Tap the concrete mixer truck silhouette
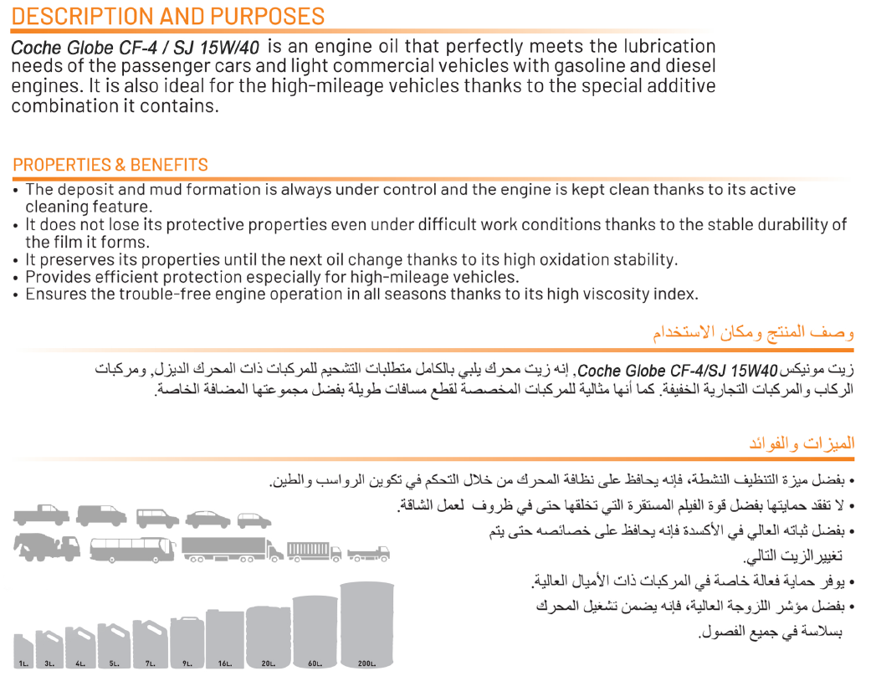point(47,548)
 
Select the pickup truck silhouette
point(42,516)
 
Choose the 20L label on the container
point(268,663)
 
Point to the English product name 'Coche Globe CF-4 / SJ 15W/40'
point(135,48)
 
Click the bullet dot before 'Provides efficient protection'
point(17,277)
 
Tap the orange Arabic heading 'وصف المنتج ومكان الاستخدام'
point(753,332)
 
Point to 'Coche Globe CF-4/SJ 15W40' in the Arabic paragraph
point(678,370)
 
